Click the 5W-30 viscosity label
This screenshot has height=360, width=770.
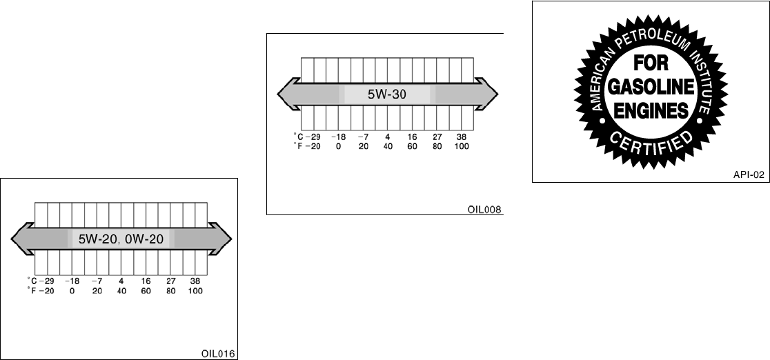pos(385,94)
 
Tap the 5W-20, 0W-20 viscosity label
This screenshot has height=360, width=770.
pos(120,239)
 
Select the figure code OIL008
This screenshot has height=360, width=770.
pos(484,208)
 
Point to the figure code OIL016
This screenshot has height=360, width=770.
pos(218,354)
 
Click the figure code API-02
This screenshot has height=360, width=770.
pos(749,175)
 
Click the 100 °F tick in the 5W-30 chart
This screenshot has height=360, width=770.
pos(462,146)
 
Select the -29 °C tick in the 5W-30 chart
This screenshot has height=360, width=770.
pos(313,137)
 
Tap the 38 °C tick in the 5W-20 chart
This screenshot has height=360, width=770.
pos(195,281)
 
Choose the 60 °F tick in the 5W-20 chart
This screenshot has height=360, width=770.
pos(146,290)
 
